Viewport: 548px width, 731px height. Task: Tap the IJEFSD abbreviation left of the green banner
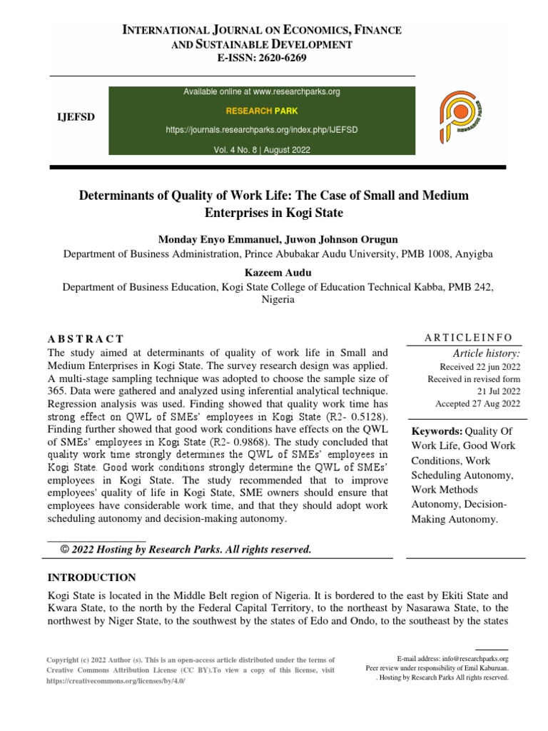click(71, 116)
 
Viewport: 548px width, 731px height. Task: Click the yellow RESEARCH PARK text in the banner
click(262, 111)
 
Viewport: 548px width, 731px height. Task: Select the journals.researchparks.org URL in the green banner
click(262, 131)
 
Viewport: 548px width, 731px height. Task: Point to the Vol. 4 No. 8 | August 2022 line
click(262, 150)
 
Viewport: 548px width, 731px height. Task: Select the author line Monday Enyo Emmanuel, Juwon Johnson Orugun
click(278, 239)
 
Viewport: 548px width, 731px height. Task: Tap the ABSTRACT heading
click(86, 338)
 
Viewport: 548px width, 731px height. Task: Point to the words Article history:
click(487, 353)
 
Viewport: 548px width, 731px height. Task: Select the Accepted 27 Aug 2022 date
click(477, 403)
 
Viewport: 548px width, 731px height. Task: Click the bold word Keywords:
click(437, 432)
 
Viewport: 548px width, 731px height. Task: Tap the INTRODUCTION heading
click(91, 577)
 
